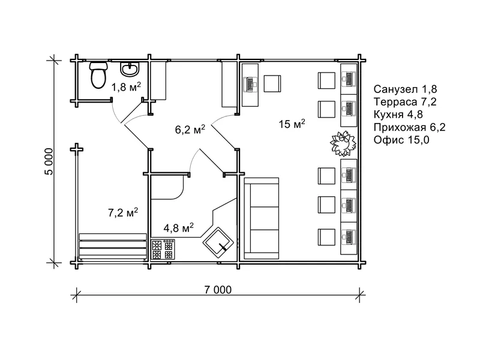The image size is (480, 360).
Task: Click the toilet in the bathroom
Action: click(x=98, y=75)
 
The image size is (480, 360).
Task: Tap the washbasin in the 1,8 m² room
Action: click(x=130, y=69)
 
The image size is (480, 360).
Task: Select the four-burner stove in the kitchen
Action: click(x=163, y=250)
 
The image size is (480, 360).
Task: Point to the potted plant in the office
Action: click(x=343, y=143)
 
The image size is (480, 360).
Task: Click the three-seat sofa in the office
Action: click(x=262, y=218)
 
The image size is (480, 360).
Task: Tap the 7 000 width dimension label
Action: click(x=218, y=290)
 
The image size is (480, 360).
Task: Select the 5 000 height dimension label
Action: click(x=49, y=161)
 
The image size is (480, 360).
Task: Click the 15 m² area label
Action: click(x=292, y=124)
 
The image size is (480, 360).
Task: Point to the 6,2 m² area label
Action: click(x=190, y=130)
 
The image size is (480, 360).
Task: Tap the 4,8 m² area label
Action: click(x=178, y=228)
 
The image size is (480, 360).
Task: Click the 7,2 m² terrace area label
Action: click(x=123, y=212)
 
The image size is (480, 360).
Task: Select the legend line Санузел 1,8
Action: click(x=405, y=89)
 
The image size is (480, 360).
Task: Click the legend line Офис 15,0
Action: click(x=401, y=140)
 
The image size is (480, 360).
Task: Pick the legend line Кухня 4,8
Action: click(x=398, y=114)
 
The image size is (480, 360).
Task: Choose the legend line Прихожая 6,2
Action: click(x=409, y=127)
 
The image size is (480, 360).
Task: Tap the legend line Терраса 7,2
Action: click(x=404, y=101)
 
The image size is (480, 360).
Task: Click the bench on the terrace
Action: click(x=113, y=247)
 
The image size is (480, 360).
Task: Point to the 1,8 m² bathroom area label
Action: click(x=126, y=87)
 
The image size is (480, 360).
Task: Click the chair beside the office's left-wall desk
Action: click(x=272, y=83)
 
